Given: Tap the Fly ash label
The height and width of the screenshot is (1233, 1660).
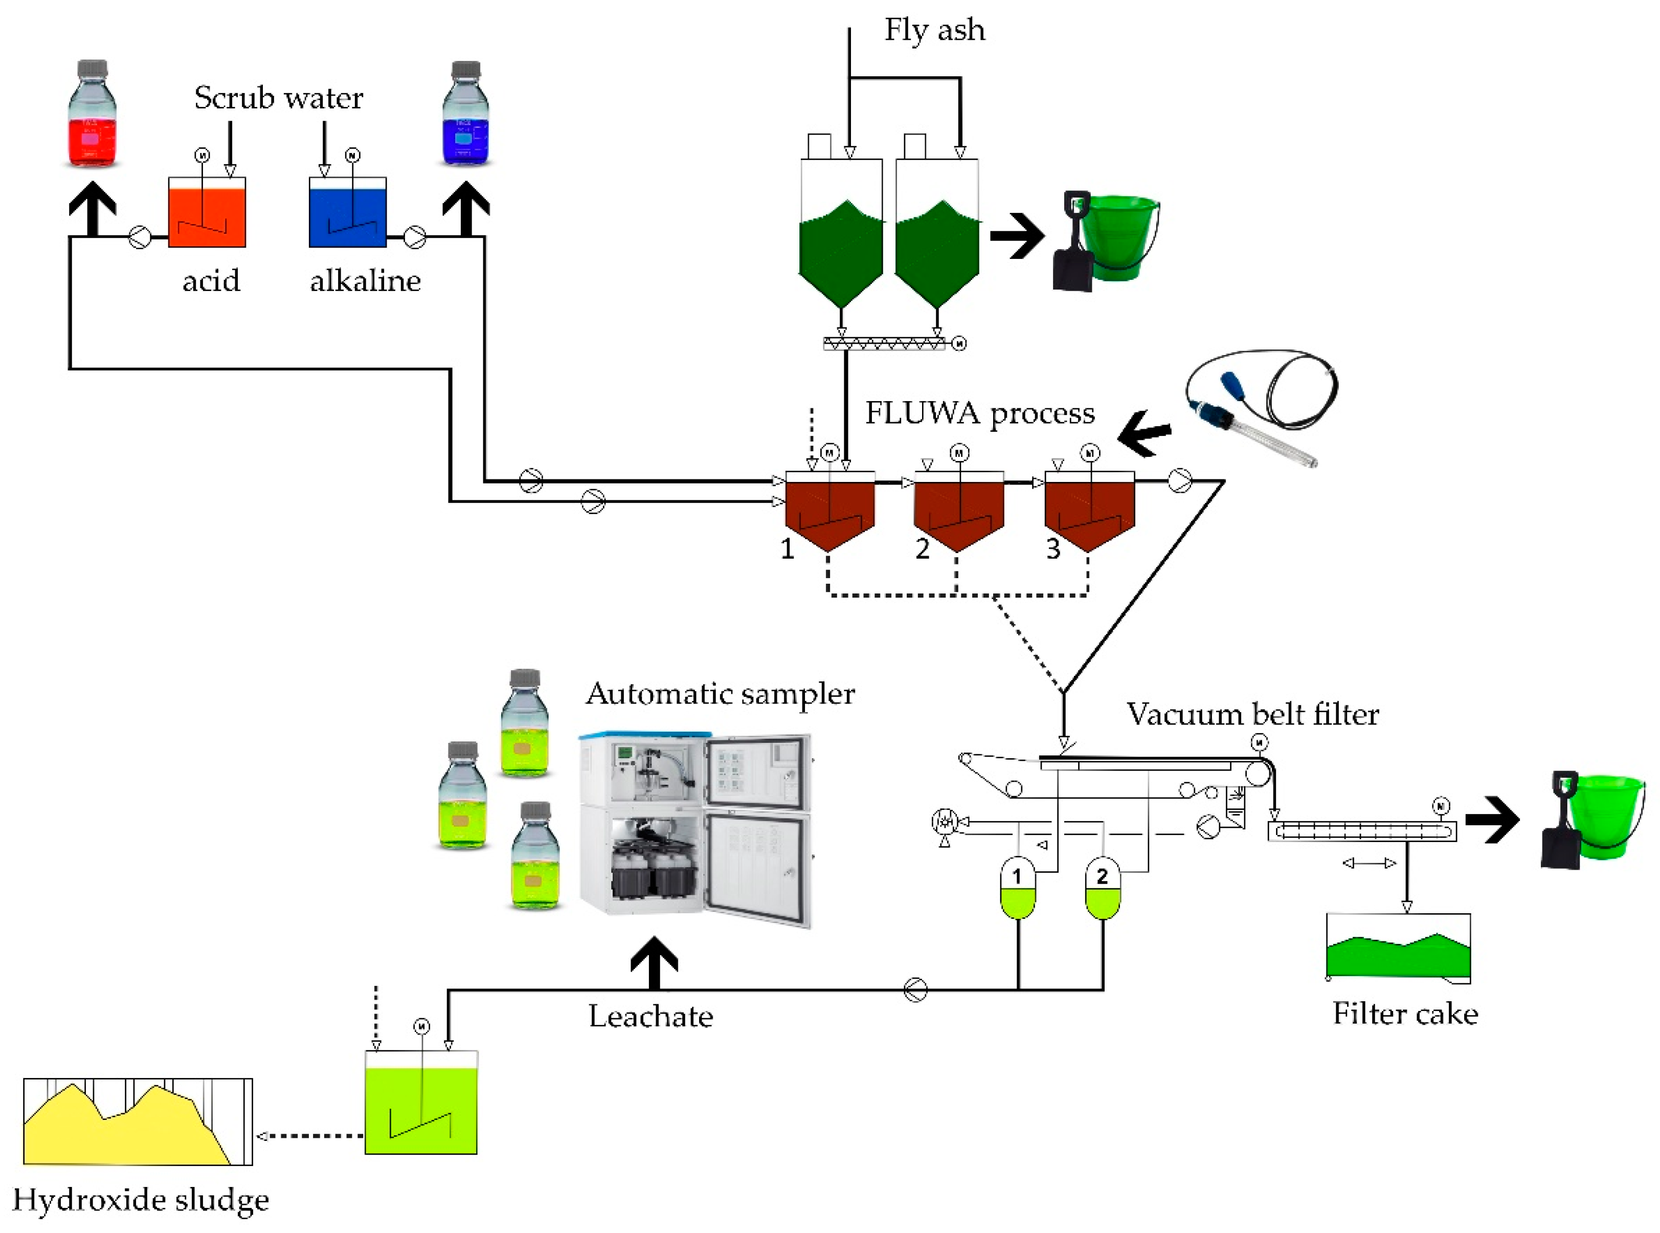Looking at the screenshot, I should tap(934, 30).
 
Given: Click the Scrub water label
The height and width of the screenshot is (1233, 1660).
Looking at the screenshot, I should tap(278, 98).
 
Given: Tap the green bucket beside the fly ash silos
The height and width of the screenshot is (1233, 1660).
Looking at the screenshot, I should tap(1112, 239).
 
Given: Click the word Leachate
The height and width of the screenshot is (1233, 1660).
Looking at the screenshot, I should tap(650, 1017).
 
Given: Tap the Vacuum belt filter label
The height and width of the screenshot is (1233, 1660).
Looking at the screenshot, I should tap(1252, 714).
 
